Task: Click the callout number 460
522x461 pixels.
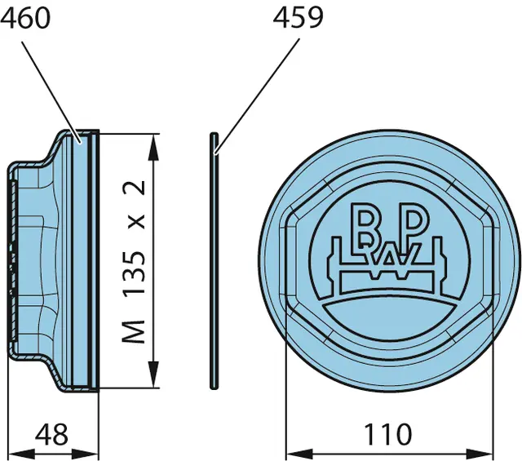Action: (25, 19)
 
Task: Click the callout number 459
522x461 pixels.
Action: (298, 17)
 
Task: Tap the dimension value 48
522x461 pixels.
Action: (51, 434)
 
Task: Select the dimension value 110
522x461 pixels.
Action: (388, 434)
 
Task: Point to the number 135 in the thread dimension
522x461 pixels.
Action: (134, 273)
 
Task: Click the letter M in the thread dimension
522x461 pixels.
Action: (134, 331)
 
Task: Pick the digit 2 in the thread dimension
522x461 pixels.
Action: (134, 188)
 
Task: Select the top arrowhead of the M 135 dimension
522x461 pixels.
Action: (153, 148)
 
